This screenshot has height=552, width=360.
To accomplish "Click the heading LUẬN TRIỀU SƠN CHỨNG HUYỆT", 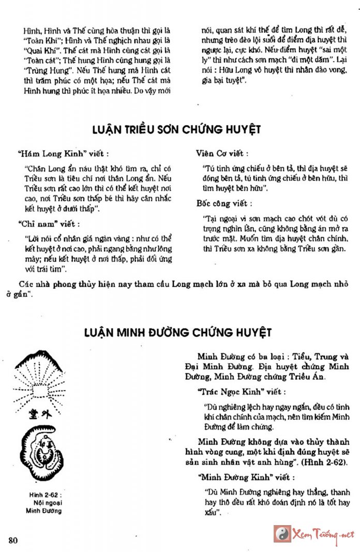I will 176,129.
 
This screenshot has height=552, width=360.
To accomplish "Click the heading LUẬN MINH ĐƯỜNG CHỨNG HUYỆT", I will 177,332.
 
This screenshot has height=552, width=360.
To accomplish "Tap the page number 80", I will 14,541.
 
